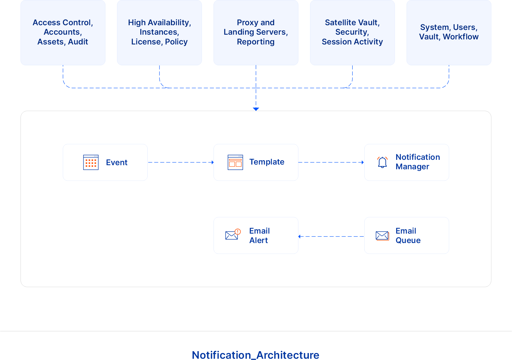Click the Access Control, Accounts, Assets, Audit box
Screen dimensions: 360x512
point(63,32)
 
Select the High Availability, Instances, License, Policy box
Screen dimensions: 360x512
point(159,32)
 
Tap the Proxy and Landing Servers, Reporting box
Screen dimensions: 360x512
point(256,32)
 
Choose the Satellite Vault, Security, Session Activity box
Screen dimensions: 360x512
point(352,32)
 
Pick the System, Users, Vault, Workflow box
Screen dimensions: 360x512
point(449,32)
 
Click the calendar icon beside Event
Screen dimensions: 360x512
point(91,162)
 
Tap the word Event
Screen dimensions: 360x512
point(116,163)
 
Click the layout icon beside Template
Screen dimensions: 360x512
point(235,162)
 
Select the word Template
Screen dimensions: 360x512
point(267,162)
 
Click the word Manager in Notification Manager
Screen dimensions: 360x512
point(412,167)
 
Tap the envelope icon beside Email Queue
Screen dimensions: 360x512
point(382,235)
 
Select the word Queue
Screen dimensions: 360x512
point(408,241)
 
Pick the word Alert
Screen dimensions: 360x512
point(258,241)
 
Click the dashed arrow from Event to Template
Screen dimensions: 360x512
point(180,162)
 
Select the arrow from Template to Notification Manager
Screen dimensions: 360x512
point(331,162)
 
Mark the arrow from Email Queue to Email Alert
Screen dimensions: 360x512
point(331,236)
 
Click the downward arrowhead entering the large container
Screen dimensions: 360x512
point(256,109)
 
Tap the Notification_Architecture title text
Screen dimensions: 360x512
point(256,355)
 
